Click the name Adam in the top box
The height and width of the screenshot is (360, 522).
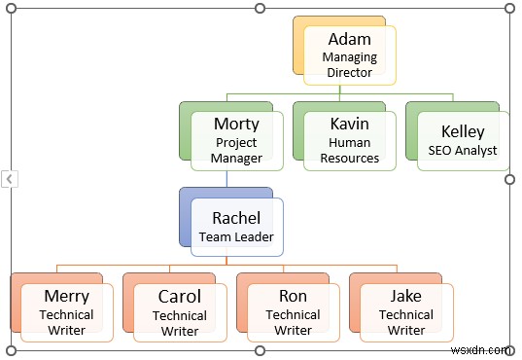tap(349, 40)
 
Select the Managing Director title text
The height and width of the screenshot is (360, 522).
tap(349, 65)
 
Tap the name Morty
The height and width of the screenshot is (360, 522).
tap(236, 124)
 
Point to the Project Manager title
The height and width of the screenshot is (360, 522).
tap(236, 150)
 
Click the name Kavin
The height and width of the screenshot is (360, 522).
tap(349, 124)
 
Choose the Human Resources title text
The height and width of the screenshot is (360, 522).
tap(349, 150)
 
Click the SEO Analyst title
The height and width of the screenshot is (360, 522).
tap(463, 151)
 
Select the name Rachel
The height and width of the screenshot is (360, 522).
tap(236, 217)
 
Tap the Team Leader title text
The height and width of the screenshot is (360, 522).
tap(236, 236)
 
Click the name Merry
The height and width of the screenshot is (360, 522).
tap(66, 296)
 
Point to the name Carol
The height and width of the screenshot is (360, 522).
tap(180, 296)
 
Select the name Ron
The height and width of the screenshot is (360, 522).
tap(293, 296)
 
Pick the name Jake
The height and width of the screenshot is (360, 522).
tap(406, 296)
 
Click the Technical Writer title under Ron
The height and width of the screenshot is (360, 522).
tap(293, 322)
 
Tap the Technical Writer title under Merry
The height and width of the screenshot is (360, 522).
tap(66, 322)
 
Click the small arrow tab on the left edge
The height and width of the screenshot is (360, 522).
tap(9, 179)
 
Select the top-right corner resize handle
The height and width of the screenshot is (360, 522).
tap(509, 9)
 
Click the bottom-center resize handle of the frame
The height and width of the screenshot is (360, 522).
tap(260, 350)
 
